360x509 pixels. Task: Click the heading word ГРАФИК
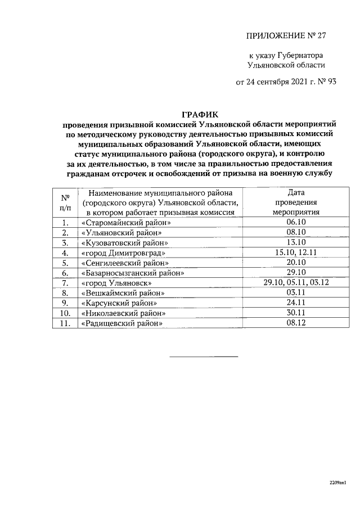point(199,115)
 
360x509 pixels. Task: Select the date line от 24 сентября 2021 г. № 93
point(286,82)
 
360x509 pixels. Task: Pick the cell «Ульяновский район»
point(121,233)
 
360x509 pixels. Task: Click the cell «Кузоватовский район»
point(125,243)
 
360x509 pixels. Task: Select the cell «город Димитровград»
point(123,253)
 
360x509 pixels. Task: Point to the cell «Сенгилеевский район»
point(125,263)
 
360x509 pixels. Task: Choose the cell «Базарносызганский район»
point(133,273)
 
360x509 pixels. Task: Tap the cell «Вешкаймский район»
point(123,293)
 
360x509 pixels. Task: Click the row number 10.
point(65,313)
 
